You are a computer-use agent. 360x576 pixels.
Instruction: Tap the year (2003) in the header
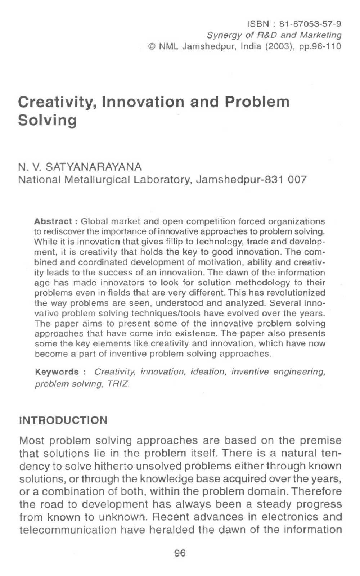click(264, 44)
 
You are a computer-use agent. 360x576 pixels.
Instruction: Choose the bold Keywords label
click(60, 370)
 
